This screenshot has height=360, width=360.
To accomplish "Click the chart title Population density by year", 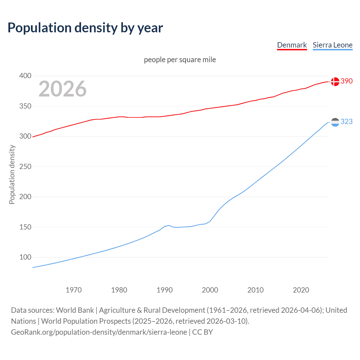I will point(85,28).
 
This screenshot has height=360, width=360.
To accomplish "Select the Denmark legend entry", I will point(292,45).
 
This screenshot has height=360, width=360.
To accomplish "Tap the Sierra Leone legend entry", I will point(332,45).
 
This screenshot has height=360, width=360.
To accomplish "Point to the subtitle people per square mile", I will point(180,60).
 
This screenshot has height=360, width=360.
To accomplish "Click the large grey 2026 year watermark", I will point(62,89).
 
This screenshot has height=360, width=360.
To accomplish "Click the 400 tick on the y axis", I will point(25,76).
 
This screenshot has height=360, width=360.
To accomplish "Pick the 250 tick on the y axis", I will point(25,166).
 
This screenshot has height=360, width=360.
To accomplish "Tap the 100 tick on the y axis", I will point(25,257).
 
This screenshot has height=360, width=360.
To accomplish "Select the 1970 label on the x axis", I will point(74,290).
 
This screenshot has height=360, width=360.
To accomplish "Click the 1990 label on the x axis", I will point(165,290).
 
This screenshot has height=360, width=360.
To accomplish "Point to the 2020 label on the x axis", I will point(301,290).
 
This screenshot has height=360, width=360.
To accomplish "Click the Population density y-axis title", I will point(12,174).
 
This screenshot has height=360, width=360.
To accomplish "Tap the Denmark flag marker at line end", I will point(335,82).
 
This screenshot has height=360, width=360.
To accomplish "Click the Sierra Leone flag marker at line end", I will point(335,122).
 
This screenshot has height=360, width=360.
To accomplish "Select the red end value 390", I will point(346,81).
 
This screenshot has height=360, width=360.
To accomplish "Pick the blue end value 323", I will point(346,121).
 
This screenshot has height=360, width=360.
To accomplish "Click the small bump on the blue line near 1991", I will point(169,225).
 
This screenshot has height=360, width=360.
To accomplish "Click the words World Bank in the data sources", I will point(75,310).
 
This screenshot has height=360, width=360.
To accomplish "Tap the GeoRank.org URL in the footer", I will point(99,332).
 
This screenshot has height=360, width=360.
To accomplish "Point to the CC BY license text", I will point(202,332).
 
